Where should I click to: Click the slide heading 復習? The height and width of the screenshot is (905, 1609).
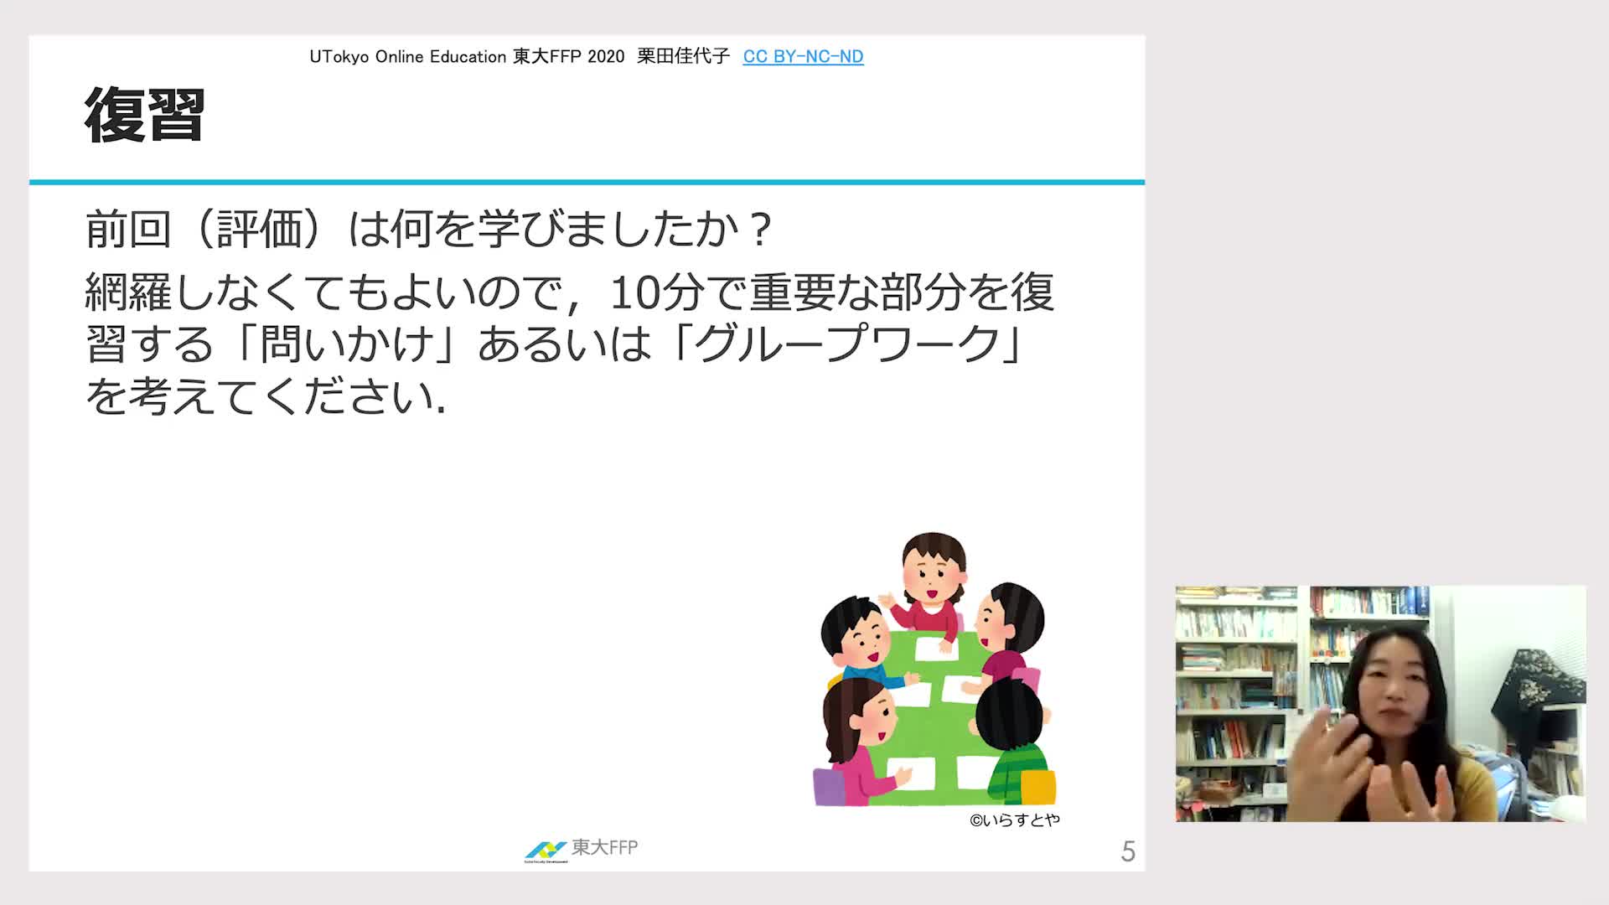[145, 115]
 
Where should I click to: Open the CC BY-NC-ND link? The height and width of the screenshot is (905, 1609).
[803, 56]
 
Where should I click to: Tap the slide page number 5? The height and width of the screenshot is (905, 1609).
[1128, 851]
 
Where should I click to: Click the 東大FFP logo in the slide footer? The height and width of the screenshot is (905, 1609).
[581, 849]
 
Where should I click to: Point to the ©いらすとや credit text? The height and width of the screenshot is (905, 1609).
[1015, 820]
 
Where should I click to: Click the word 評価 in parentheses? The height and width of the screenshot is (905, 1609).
[260, 228]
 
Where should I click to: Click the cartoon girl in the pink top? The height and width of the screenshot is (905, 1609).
[859, 737]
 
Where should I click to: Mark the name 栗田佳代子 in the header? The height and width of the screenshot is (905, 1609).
[683, 56]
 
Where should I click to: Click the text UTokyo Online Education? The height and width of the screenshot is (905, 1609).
[408, 57]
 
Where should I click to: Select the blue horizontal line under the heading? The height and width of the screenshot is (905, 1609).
[587, 182]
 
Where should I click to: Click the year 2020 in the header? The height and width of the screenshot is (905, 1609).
[606, 57]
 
